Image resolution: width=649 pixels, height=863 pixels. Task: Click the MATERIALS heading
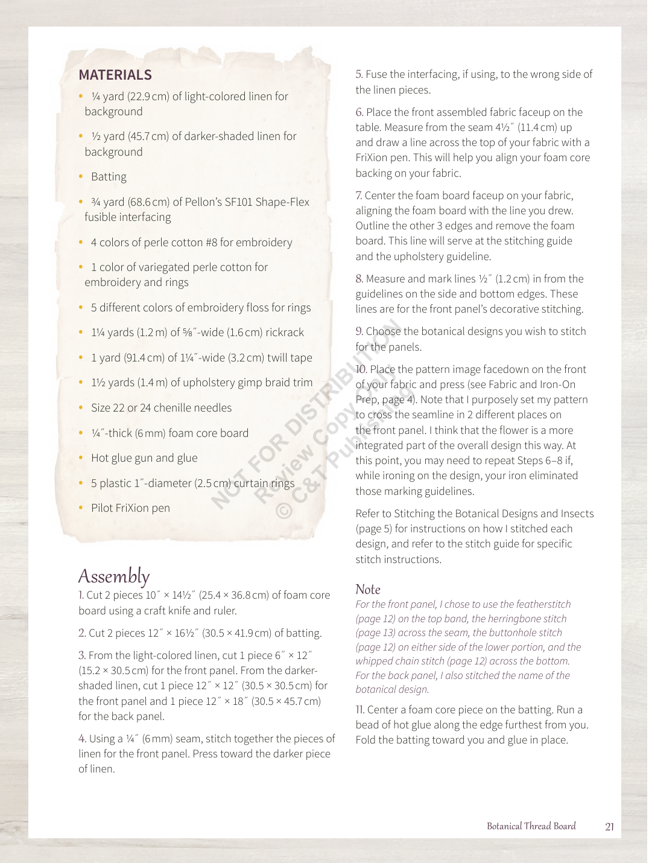click(115, 75)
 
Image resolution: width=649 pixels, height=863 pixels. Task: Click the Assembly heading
click(113, 576)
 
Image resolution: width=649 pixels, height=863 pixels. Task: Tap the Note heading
click(368, 590)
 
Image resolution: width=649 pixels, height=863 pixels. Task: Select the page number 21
click(609, 827)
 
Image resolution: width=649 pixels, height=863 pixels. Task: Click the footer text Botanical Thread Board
click(531, 826)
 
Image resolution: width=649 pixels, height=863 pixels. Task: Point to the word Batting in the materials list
click(109, 177)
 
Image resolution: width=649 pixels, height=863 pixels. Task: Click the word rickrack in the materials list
click(285, 333)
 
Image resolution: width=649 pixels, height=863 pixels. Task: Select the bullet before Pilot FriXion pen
click(81, 508)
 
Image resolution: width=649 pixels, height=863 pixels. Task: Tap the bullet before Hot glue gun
click(81, 458)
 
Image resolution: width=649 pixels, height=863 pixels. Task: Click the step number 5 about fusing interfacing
click(359, 75)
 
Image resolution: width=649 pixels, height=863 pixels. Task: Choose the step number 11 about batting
click(360, 710)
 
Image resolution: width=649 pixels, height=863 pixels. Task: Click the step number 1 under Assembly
click(81, 596)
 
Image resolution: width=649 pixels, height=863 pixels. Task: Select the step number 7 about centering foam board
click(358, 196)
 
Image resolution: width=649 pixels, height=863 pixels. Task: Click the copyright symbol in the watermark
click(285, 511)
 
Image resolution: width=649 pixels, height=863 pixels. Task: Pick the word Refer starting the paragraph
click(368, 514)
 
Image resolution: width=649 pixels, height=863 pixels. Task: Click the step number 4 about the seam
click(82, 739)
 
